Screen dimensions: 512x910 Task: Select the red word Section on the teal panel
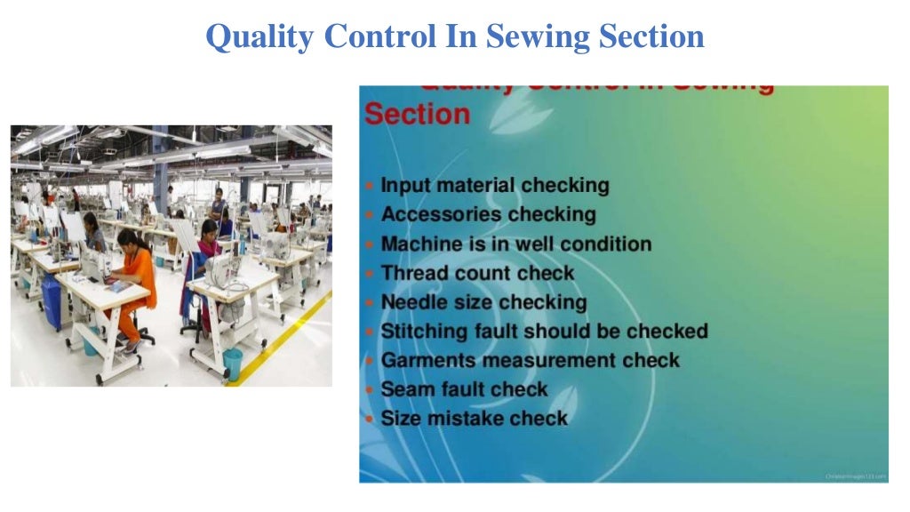[x=417, y=115]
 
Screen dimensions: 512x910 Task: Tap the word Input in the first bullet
[x=403, y=186]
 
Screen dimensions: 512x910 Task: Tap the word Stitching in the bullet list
[x=423, y=332]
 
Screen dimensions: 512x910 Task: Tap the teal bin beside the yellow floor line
[x=232, y=363]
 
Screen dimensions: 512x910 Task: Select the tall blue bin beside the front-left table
[x=52, y=302]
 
